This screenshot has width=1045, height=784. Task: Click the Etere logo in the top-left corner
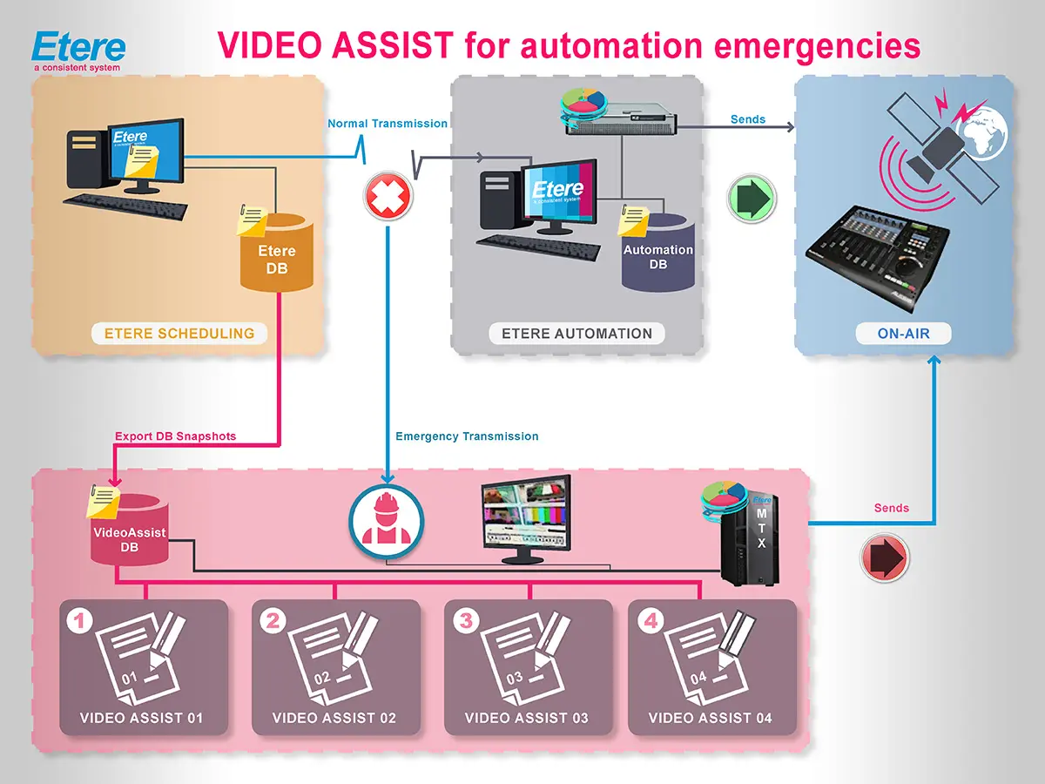78,51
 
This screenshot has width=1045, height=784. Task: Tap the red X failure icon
387,197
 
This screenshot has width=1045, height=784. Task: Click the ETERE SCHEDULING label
179,333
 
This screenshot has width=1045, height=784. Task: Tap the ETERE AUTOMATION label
576,333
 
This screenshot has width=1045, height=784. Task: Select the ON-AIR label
903,333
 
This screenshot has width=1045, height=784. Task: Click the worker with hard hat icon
387,522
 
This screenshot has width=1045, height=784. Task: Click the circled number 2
273,620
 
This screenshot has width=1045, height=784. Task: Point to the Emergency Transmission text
467,436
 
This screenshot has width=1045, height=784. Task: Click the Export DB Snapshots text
175,436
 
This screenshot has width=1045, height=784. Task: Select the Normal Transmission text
387,124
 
